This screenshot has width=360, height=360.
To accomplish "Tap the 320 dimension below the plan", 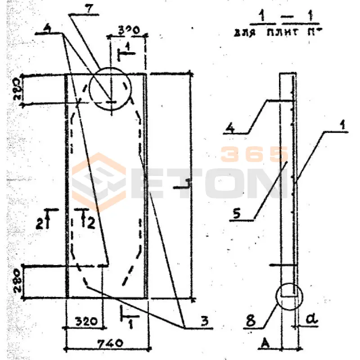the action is coord(85,322).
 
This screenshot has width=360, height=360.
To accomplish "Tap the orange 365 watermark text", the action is coord(254,154).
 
